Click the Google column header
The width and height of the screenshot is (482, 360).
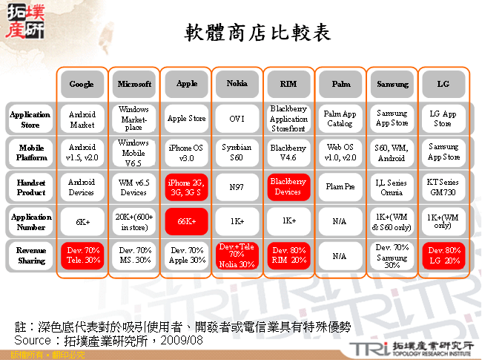click(82, 84)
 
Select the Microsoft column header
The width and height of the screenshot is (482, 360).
click(134, 84)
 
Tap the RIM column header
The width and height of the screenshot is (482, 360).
click(289, 84)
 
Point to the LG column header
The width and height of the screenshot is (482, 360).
click(444, 84)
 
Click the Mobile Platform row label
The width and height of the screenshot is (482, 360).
click(30, 152)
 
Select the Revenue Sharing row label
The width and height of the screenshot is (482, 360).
click(30, 255)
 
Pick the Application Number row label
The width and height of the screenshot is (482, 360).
click(30, 220)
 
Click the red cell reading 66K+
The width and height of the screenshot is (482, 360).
click(186, 221)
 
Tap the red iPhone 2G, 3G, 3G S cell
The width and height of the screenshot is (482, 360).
click(186, 187)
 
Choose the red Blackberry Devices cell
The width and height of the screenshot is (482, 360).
click(289, 187)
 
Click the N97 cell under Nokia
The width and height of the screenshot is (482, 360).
click(237, 187)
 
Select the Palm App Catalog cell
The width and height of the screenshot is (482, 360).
click(341, 118)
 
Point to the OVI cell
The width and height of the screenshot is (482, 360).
click(237, 118)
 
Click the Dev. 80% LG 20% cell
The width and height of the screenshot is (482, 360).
click(444, 255)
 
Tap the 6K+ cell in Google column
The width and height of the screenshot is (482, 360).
click(82, 221)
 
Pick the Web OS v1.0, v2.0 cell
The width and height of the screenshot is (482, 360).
click(341, 152)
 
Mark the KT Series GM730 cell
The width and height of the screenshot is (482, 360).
click(444, 187)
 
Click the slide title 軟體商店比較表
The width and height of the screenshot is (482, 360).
click(257, 33)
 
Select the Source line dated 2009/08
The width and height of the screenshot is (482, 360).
click(108, 340)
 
